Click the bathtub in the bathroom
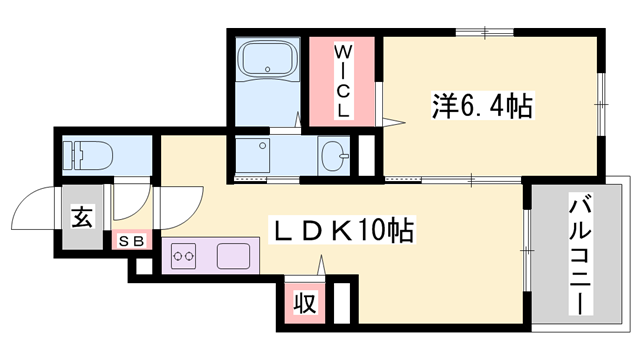tap(269, 62)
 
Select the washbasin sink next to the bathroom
tap(334, 156)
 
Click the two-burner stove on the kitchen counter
tap(184, 257)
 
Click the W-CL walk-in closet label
tap(342, 80)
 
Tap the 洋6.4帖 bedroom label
tap(481, 103)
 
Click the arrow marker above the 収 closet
tap(322, 267)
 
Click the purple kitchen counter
tap(209, 257)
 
